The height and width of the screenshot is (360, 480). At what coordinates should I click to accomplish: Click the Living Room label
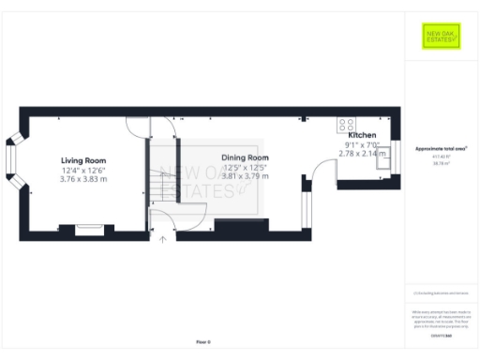pos(84,160)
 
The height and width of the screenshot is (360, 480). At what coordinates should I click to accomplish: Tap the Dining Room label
pos(245,157)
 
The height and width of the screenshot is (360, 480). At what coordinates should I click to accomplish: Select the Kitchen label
pos(362,136)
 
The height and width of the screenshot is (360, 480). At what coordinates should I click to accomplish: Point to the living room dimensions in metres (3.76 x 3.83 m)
pos(84,179)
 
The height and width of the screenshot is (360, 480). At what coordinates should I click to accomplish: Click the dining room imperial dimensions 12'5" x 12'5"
pos(245,167)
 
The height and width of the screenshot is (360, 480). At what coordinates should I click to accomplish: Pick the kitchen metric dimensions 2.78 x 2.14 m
pos(362,153)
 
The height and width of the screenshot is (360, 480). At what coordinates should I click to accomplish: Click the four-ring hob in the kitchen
pos(345,123)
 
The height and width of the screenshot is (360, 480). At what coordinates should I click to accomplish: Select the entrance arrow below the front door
pos(163,239)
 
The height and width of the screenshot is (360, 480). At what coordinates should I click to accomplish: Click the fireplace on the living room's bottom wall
pos(90,228)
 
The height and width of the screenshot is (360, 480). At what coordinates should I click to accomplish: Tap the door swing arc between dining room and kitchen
pos(324,172)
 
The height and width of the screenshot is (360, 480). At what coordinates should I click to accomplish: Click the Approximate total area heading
pos(441,149)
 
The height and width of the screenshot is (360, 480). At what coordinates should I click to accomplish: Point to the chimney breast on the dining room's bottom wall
pos(242,225)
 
